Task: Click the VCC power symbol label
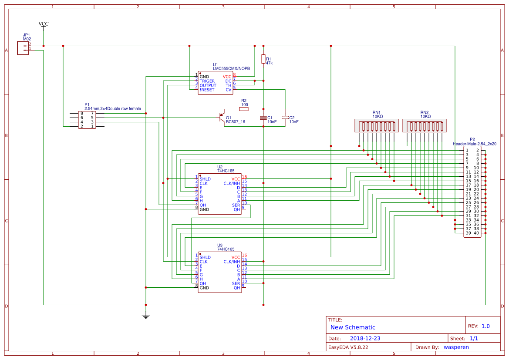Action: pos(44,24)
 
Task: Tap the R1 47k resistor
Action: pos(263,59)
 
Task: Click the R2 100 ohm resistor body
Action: pos(244,109)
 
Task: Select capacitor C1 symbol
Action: pos(263,118)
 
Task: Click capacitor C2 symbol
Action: pos(285,117)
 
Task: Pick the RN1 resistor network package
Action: pos(377,126)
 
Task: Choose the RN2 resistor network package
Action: pos(425,126)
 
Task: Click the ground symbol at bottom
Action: pos(146,316)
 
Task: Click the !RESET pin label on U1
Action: pos(207,90)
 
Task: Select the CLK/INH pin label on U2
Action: pos(231,183)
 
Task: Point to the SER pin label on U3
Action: pos(236,283)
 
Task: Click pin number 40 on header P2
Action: pos(476,233)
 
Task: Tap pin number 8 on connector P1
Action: pos(81,113)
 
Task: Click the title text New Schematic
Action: pos(353,327)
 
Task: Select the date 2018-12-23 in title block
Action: pos(365,338)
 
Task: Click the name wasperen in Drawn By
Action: pos(456,347)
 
